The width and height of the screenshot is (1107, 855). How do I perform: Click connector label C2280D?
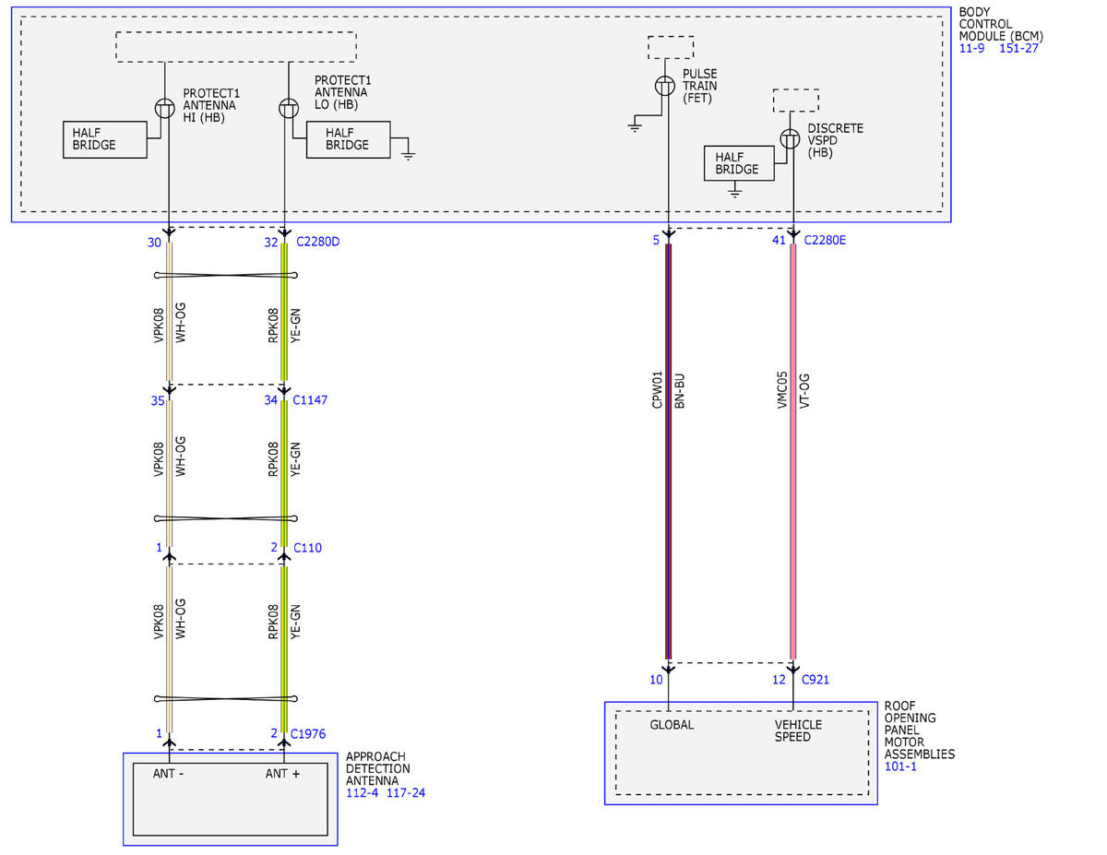pyautogui.click(x=317, y=242)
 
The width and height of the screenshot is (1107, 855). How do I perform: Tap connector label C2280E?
pyautogui.click(x=825, y=240)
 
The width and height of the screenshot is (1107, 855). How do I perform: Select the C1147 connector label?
pyautogui.click(x=310, y=399)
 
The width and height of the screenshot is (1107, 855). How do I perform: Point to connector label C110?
pyautogui.click(x=307, y=548)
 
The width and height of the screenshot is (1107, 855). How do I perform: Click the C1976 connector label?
pyautogui.click(x=308, y=734)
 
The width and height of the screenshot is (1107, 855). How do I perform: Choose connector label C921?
pyautogui.click(x=815, y=680)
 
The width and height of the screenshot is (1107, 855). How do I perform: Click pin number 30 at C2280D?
pyautogui.click(x=154, y=243)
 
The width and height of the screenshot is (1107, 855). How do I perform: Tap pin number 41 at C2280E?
pyautogui.click(x=779, y=240)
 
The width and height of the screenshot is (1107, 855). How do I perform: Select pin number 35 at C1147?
pyautogui.click(x=158, y=401)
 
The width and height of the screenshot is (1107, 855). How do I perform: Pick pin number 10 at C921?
pyautogui.click(x=656, y=680)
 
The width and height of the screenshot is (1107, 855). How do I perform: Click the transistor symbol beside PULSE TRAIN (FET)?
pyautogui.click(x=665, y=86)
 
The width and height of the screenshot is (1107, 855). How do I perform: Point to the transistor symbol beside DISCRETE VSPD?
pyautogui.click(x=790, y=138)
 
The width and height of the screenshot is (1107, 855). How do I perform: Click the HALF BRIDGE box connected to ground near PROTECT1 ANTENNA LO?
pyautogui.click(x=348, y=139)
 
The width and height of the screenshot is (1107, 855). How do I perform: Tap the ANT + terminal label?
pyautogui.click(x=282, y=774)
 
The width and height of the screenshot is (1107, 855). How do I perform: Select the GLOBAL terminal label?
pyautogui.click(x=672, y=724)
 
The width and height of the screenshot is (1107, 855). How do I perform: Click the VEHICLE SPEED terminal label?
pyautogui.click(x=798, y=730)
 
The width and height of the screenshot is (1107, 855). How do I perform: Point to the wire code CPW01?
pyautogui.click(x=657, y=389)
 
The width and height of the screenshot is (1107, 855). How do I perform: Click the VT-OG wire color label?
pyautogui.click(x=803, y=390)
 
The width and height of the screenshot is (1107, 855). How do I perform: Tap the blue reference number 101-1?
pyautogui.click(x=900, y=766)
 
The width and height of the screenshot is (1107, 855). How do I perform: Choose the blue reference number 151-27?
pyautogui.click(x=1018, y=48)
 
